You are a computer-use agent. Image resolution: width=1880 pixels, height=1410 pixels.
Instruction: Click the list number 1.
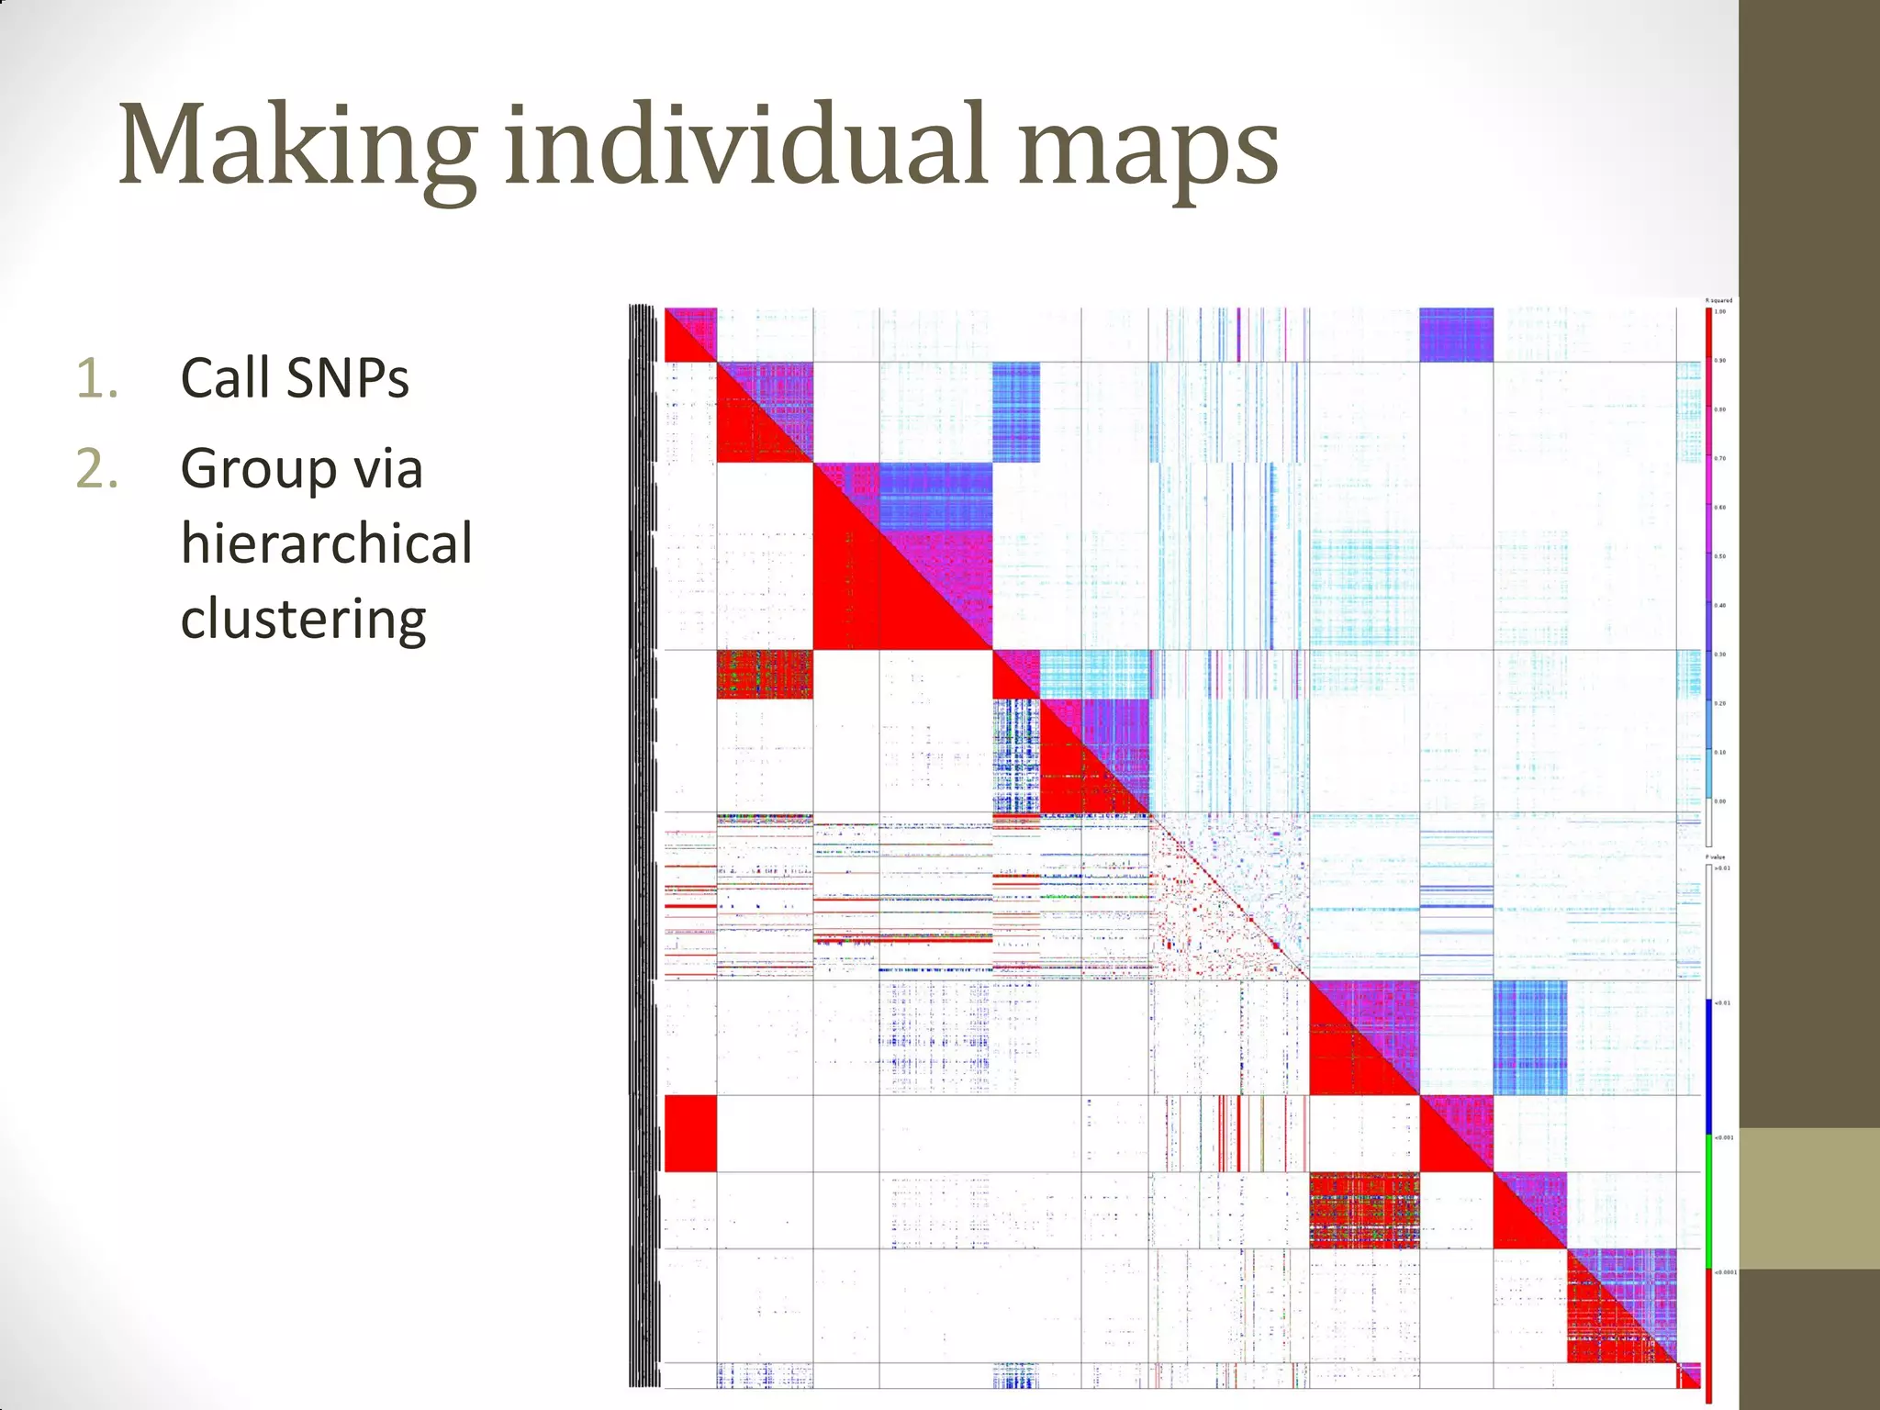[x=97, y=378]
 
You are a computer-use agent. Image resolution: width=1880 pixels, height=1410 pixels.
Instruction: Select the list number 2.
[x=97, y=469]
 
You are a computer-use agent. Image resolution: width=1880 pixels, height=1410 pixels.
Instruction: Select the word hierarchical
[x=326, y=543]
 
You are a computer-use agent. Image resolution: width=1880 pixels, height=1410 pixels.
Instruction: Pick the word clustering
[x=303, y=619]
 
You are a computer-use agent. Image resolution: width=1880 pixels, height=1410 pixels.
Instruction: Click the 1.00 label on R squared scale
[x=1720, y=312]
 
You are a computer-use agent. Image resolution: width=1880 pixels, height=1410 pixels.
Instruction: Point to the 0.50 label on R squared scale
[x=1720, y=556]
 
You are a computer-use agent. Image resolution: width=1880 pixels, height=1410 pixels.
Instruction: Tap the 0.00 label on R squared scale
[x=1720, y=801]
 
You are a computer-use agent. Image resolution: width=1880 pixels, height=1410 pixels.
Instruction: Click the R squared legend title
[x=1718, y=300]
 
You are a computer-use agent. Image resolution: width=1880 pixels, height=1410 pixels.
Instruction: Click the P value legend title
[x=1716, y=857]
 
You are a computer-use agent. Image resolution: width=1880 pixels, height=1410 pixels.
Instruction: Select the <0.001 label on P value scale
[x=1723, y=1137]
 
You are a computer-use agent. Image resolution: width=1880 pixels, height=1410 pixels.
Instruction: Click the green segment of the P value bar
[x=1709, y=1203]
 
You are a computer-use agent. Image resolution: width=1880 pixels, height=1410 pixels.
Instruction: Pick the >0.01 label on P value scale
[x=1722, y=867]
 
